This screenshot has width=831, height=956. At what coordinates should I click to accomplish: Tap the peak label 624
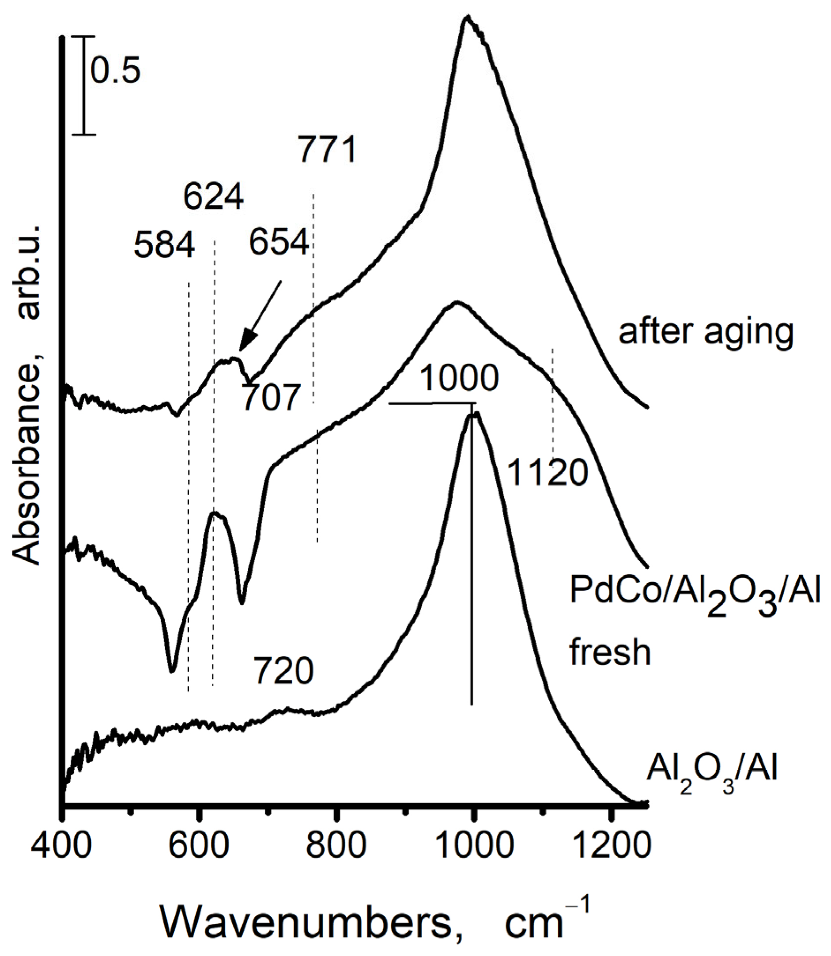[x=213, y=196]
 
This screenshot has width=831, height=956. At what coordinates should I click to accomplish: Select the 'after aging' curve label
[x=706, y=332]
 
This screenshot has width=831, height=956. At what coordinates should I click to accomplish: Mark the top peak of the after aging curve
[x=468, y=19]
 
